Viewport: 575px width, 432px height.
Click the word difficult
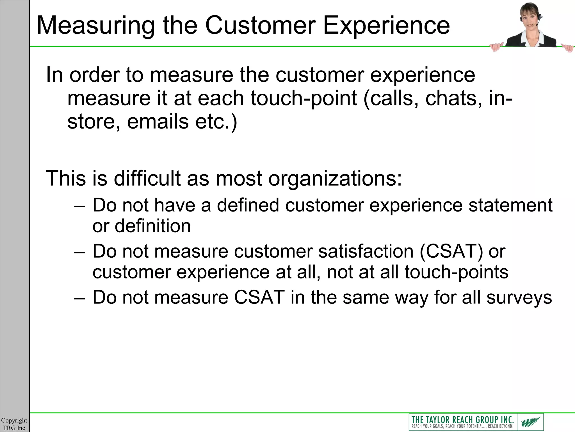(147, 178)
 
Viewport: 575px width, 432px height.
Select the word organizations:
(335, 178)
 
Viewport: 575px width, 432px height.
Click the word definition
(153, 226)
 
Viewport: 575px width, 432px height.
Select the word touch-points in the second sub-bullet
(456, 272)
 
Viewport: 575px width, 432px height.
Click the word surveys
(519, 297)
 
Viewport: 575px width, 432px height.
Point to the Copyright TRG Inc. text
(14, 424)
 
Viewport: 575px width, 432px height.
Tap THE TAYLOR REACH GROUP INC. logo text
(462, 420)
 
